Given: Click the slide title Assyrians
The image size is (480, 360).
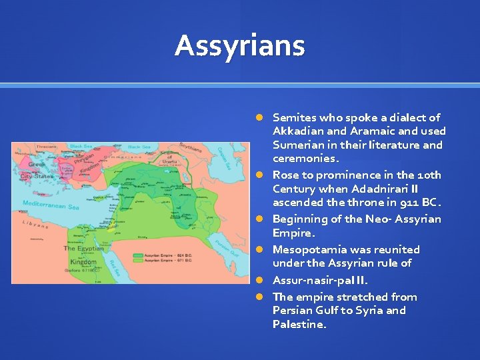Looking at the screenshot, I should pos(239,46).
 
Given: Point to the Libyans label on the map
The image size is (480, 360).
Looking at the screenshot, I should pos(37,225).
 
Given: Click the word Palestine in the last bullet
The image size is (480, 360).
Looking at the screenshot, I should pos(299,324).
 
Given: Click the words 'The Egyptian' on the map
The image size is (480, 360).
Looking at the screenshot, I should pos(83,248).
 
